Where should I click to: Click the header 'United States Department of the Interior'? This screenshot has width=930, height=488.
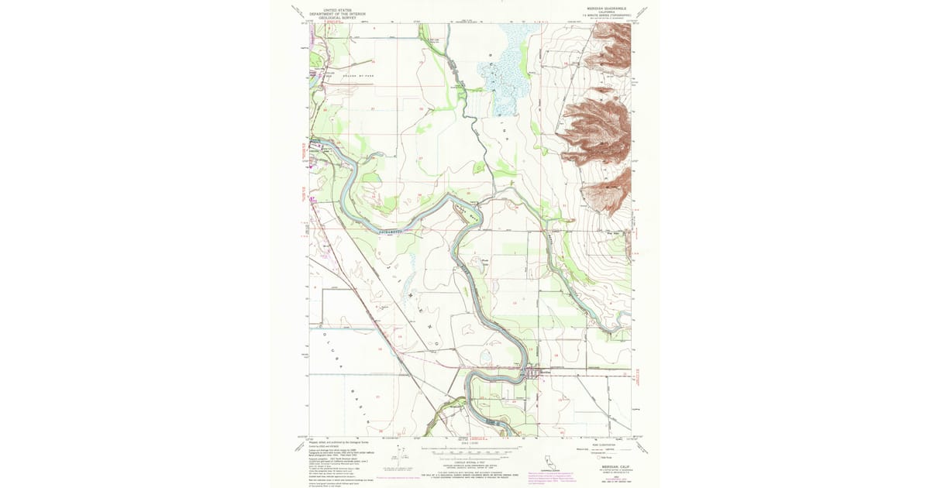336,12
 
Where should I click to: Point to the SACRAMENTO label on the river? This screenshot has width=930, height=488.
393,232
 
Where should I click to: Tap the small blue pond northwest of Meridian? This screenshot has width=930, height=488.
487,357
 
